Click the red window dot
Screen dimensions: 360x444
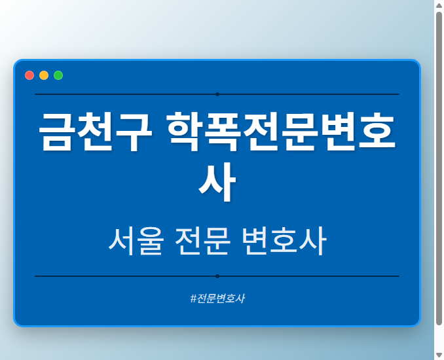(29, 75)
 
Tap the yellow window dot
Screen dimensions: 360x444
(44, 75)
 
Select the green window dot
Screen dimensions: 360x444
(58, 75)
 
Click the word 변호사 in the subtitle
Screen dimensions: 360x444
(283, 242)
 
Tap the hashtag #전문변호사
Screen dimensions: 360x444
(217, 298)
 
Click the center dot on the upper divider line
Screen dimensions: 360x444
(217, 94)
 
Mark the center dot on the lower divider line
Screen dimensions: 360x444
(217, 276)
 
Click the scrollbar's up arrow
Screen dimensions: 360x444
(439, 5)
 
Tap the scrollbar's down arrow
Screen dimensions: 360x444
(439, 355)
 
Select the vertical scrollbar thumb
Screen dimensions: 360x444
(439, 167)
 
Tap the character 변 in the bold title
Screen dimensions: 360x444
(335, 132)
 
